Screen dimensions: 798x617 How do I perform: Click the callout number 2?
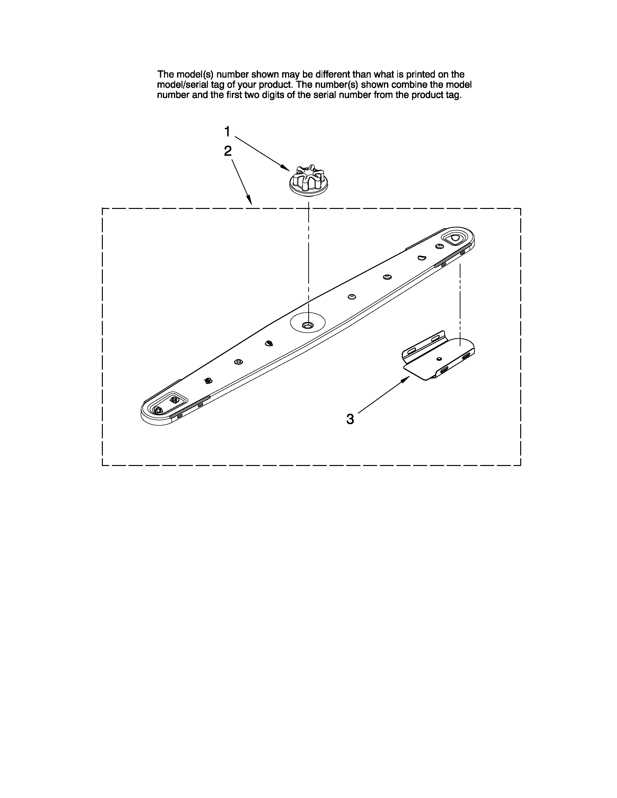(228, 151)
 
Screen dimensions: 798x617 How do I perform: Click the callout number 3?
(350, 419)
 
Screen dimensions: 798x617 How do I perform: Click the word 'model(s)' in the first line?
(195, 74)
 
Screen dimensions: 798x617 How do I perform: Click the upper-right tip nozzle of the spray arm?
(455, 238)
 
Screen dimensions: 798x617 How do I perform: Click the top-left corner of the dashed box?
(102, 209)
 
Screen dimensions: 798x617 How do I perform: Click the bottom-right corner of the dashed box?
(520, 465)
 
